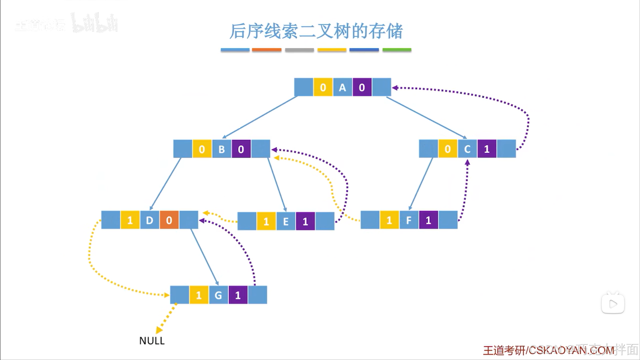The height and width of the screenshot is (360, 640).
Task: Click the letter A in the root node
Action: pos(342,87)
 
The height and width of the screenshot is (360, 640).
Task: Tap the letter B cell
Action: pos(221,149)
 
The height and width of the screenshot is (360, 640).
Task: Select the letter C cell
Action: pos(467,149)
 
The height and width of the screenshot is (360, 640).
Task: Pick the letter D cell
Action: pos(149,220)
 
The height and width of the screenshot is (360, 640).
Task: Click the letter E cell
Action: pos(286,221)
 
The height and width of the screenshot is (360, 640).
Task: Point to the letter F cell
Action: pos(409,220)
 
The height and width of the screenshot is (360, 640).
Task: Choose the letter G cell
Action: pos(218,295)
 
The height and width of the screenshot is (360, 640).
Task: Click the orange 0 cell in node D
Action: pos(169,220)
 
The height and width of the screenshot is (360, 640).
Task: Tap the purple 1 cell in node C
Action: pos(487,149)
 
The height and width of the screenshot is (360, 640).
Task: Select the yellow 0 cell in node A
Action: pos(323,87)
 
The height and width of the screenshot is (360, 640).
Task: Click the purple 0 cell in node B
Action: pos(241,149)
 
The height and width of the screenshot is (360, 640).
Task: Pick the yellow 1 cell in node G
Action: pos(199,295)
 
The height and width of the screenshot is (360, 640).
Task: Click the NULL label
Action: pos(152,341)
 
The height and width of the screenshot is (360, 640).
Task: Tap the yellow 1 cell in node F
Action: pos(389,220)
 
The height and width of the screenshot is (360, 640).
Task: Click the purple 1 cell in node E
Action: pos(305,221)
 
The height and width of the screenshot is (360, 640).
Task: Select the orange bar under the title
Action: pos(266,50)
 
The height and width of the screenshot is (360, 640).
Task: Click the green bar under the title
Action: pos(397,50)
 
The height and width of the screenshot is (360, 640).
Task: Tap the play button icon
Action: pos(613,304)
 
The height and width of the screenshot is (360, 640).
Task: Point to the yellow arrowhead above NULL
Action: pos(159,330)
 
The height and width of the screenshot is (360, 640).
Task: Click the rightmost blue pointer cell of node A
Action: pos(382,87)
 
